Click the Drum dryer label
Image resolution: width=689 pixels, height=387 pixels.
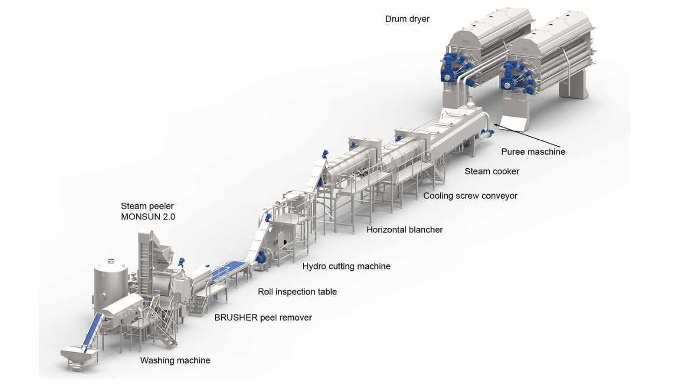(x=407, y=19)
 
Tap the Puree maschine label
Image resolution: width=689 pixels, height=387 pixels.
(x=533, y=152)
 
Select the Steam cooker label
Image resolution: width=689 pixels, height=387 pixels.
(x=491, y=171)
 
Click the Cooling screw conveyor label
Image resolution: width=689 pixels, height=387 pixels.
(x=470, y=196)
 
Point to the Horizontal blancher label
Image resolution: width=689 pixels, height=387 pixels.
(x=404, y=230)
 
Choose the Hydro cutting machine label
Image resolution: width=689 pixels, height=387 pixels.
(x=346, y=266)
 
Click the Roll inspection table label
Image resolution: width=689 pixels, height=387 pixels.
(x=297, y=292)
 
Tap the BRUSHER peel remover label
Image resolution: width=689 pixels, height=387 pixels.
(x=263, y=318)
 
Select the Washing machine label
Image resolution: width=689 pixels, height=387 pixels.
(x=175, y=360)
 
